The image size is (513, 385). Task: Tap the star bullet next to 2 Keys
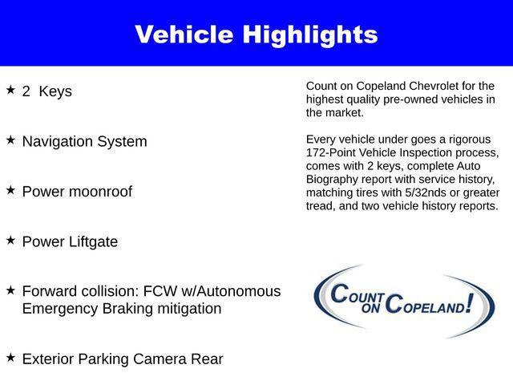[10, 89]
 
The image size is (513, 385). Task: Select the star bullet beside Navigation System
[10, 140]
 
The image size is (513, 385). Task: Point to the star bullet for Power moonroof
[10, 189]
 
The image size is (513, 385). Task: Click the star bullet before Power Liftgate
[10, 239]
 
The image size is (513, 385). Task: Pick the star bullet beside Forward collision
[10, 290]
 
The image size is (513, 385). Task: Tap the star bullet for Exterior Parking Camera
[10, 357]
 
